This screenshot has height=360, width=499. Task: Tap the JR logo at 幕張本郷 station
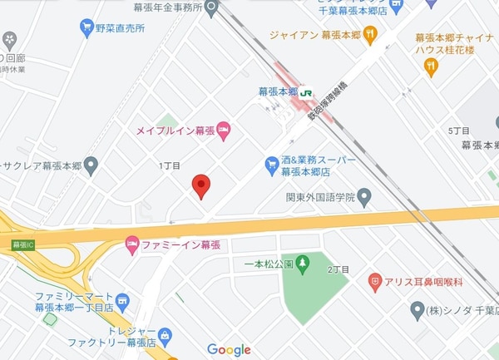point(307,93)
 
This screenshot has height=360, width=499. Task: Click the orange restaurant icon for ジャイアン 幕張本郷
point(370,35)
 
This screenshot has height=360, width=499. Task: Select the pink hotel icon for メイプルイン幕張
point(223,130)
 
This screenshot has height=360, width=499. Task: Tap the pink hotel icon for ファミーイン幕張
point(131,245)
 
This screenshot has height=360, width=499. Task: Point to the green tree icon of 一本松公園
point(303,264)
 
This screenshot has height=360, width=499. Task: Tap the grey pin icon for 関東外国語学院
point(363,198)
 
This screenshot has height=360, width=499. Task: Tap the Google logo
point(229,350)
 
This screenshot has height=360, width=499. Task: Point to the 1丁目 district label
point(169,165)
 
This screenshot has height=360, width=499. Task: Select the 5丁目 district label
point(459,131)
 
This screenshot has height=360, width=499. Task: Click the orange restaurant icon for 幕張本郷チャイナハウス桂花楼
point(430,68)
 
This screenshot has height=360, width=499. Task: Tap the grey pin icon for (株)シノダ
point(417,310)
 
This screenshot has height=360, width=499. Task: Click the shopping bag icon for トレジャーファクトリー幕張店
point(165,336)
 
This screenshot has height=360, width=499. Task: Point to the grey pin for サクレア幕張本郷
point(91,164)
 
